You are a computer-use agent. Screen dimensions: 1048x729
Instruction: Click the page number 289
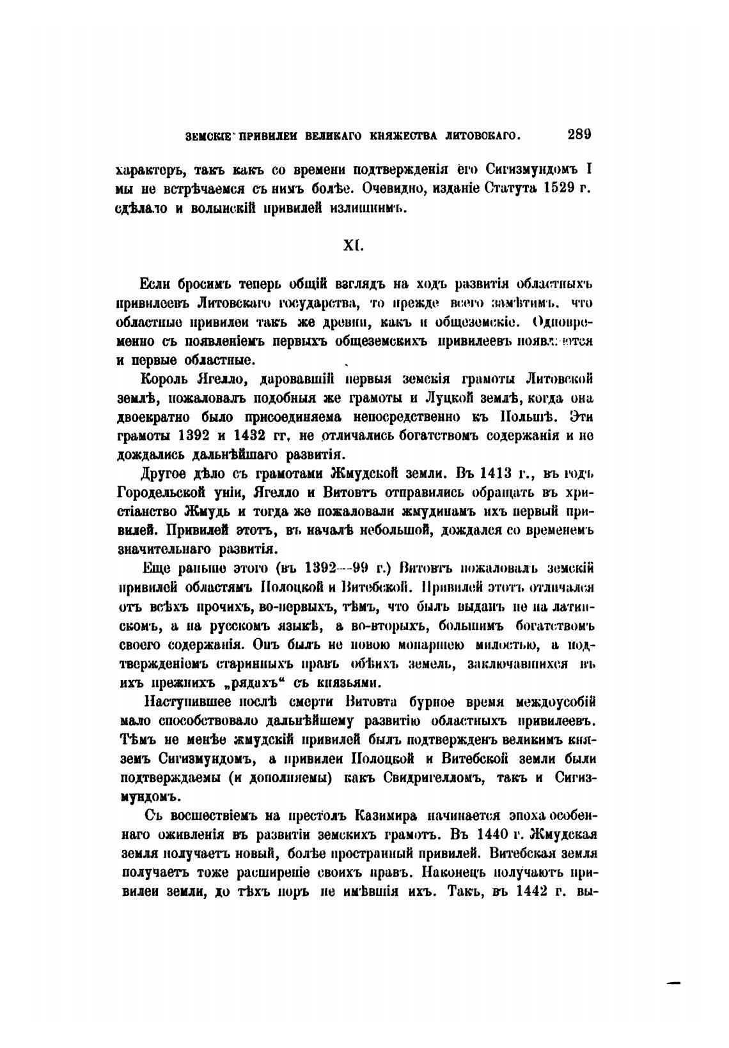click(578, 134)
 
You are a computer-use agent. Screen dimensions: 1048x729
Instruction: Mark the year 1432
click(240, 436)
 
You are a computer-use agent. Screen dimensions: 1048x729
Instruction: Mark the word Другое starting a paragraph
click(168, 474)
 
